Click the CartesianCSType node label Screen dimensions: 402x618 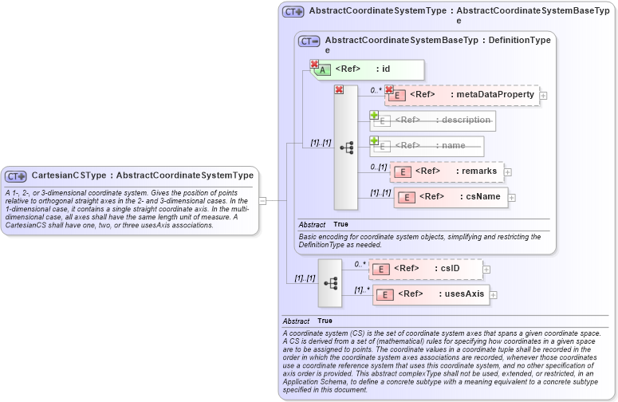coord(142,175)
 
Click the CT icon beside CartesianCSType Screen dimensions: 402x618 coord(17,176)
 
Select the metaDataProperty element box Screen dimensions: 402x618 coord(463,95)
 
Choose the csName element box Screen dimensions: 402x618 coord(451,196)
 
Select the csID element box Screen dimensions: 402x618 coord(427,269)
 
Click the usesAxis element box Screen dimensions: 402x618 coord(431,294)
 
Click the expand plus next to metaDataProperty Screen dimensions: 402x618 coord(544,96)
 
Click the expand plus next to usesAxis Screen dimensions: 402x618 coord(494,295)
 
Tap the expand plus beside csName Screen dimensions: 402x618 coord(512,197)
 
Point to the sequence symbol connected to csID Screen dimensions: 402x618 coord(330,282)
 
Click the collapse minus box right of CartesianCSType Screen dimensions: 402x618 coord(262,201)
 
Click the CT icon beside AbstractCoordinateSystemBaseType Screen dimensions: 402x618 coord(309,41)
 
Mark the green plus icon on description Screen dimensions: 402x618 coord(374,115)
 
